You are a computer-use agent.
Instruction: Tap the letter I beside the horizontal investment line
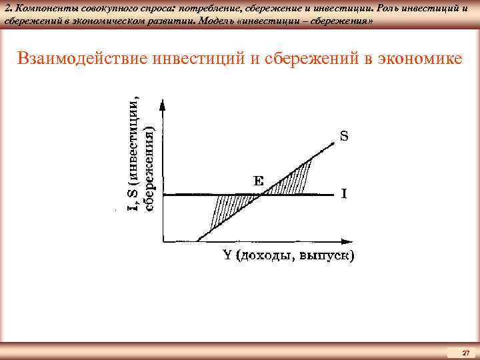pyautogui.click(x=344, y=194)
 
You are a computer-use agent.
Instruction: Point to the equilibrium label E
pyautogui.click(x=257, y=180)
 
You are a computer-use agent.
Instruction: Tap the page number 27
pyautogui.click(x=465, y=352)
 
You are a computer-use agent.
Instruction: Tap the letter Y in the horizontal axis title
pyautogui.click(x=227, y=255)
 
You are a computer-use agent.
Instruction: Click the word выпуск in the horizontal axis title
pyautogui.click(x=325, y=256)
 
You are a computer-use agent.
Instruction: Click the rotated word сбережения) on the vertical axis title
pyautogui.click(x=151, y=170)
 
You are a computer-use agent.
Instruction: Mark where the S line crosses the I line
pyautogui.click(x=263, y=195)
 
